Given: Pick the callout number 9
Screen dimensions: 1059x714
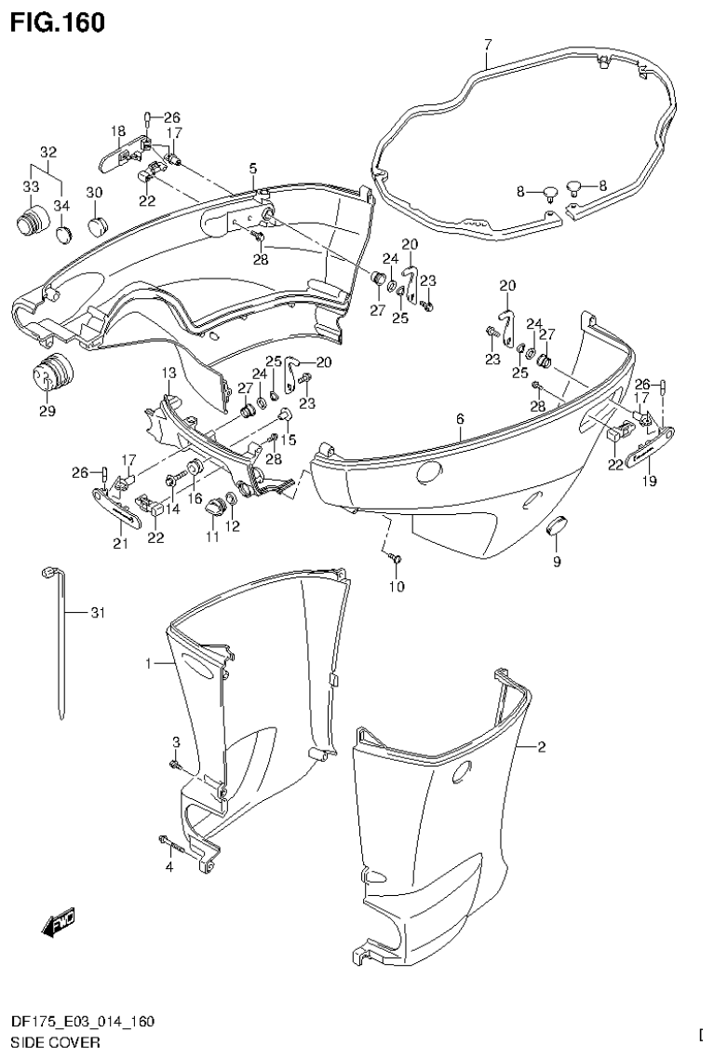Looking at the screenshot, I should tap(557, 562).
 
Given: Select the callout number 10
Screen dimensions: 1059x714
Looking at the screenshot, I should tap(398, 586).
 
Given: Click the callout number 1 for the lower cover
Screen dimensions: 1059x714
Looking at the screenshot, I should tap(148, 664).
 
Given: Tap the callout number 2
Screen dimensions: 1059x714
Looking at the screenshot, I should tap(542, 747).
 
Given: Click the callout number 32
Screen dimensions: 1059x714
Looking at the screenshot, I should tap(48, 152).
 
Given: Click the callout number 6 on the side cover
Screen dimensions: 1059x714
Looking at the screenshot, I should tap(460, 420).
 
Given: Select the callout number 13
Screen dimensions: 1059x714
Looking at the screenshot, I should tap(168, 373).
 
